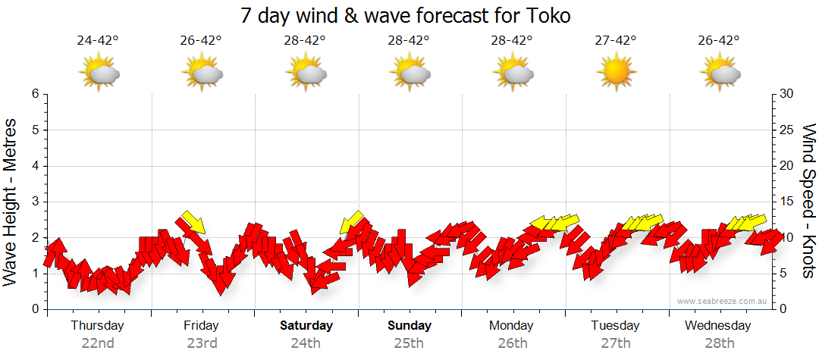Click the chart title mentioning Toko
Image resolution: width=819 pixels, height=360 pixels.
coord(406,15)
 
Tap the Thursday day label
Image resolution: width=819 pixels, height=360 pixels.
coord(98,325)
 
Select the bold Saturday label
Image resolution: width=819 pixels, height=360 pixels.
coord(306,325)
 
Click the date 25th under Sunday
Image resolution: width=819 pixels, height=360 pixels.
coord(409,343)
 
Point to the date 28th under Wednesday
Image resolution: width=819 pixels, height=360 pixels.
coord(717,343)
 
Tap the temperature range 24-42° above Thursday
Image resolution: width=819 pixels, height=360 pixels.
coord(98,40)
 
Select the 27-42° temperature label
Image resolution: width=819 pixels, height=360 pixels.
coord(615,40)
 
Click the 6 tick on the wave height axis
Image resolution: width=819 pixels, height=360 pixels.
coord(35,94)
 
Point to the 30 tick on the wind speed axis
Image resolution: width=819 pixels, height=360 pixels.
coord(787,94)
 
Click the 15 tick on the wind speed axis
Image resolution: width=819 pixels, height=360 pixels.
coord(787,202)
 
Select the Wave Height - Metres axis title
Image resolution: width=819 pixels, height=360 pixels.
coord(11,202)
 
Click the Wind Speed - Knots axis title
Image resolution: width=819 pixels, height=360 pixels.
coord(808,202)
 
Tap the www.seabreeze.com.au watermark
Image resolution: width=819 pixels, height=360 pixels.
coord(723,302)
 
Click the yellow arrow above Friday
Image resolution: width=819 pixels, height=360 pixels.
coord(193,223)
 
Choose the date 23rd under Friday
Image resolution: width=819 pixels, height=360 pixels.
coord(202,343)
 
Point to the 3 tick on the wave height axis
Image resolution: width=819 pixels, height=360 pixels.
coord(35,202)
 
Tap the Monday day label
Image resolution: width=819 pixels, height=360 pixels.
coord(511,325)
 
